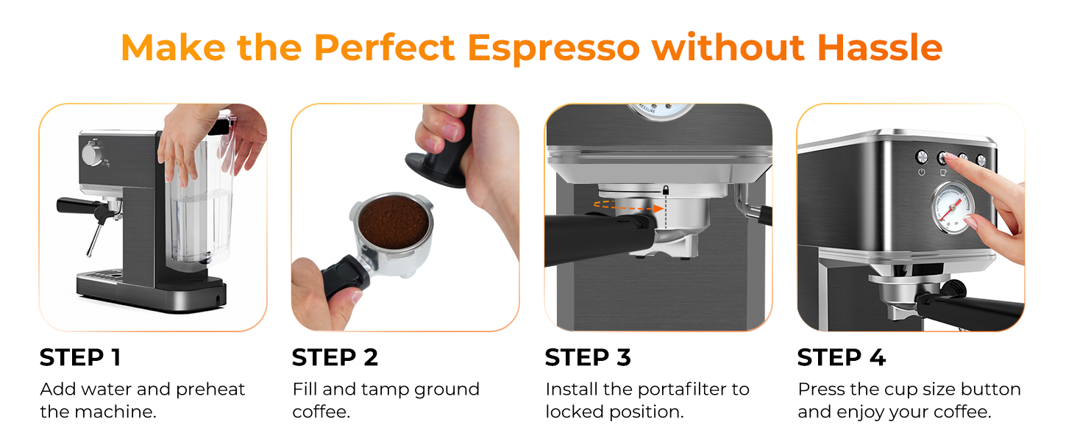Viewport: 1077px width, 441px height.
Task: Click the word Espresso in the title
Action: (554, 49)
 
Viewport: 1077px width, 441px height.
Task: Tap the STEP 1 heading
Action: (80, 358)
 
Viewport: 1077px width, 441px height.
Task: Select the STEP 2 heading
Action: (335, 358)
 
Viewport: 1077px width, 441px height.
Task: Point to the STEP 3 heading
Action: (588, 358)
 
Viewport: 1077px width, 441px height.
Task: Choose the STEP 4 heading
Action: (841, 358)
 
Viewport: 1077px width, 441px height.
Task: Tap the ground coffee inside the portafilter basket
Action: (391, 215)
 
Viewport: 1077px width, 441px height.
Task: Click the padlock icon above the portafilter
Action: (665, 190)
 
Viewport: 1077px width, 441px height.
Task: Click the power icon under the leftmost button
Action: (921, 173)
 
